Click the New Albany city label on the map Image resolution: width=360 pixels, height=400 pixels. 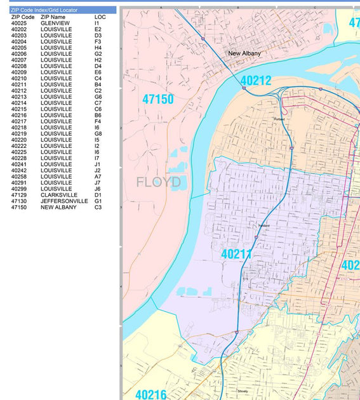pyautogui.click(x=244, y=53)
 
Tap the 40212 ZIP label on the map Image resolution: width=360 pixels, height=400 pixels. pyautogui.click(x=256, y=81)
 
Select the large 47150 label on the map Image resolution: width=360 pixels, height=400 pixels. pyautogui.click(x=158, y=100)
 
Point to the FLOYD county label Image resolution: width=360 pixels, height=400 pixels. pyautogui.click(x=159, y=183)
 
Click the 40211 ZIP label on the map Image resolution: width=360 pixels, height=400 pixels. pyautogui.click(x=237, y=254)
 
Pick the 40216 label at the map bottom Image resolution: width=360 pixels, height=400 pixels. pyautogui.click(x=151, y=394)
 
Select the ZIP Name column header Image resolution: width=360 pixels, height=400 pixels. pyautogui.click(x=53, y=17)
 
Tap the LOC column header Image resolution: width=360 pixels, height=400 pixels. pyautogui.click(x=100, y=17)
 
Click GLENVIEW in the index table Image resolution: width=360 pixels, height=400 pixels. pyautogui.click(x=55, y=23)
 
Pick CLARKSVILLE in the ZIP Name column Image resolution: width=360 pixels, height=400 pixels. pyautogui.click(x=59, y=195)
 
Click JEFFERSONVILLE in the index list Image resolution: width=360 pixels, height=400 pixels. pyautogui.click(x=64, y=201)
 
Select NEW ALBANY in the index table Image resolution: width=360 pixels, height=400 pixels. pyautogui.click(x=58, y=208)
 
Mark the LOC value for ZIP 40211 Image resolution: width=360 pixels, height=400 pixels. pyautogui.click(x=98, y=84)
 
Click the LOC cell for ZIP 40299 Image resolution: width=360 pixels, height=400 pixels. pyautogui.click(x=98, y=189)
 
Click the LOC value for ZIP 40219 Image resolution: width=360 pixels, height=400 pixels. pyautogui.click(x=98, y=133)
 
